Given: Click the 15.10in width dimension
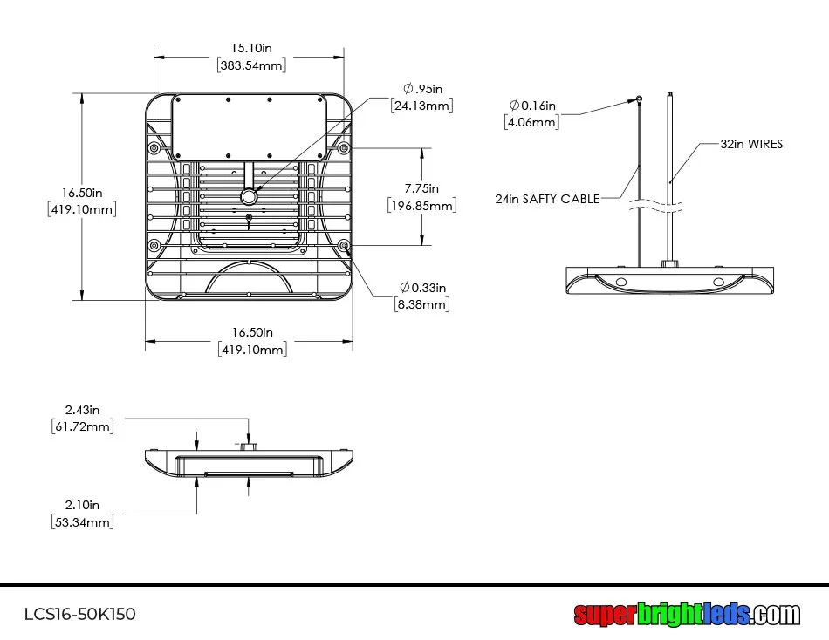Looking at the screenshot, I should (251, 49).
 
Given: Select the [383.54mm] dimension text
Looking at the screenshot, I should (251, 65).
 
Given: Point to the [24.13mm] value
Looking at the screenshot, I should (422, 106).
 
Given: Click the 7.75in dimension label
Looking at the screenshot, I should (421, 188).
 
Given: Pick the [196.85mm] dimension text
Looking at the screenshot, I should (421, 206).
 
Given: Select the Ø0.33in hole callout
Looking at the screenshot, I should (423, 287).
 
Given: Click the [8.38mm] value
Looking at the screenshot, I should (422, 304).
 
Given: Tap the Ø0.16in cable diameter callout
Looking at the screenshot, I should (532, 106).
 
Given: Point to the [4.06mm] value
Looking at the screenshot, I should (531, 122).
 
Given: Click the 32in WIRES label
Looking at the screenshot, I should (751, 144).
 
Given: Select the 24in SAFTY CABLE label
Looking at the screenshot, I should (547, 199).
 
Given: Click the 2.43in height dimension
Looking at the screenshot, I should (83, 409).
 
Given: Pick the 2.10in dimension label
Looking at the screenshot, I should (82, 505).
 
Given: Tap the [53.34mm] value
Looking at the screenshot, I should (82, 521).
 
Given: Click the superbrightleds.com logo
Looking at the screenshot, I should (687, 614).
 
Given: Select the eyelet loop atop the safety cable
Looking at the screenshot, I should (639, 99).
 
